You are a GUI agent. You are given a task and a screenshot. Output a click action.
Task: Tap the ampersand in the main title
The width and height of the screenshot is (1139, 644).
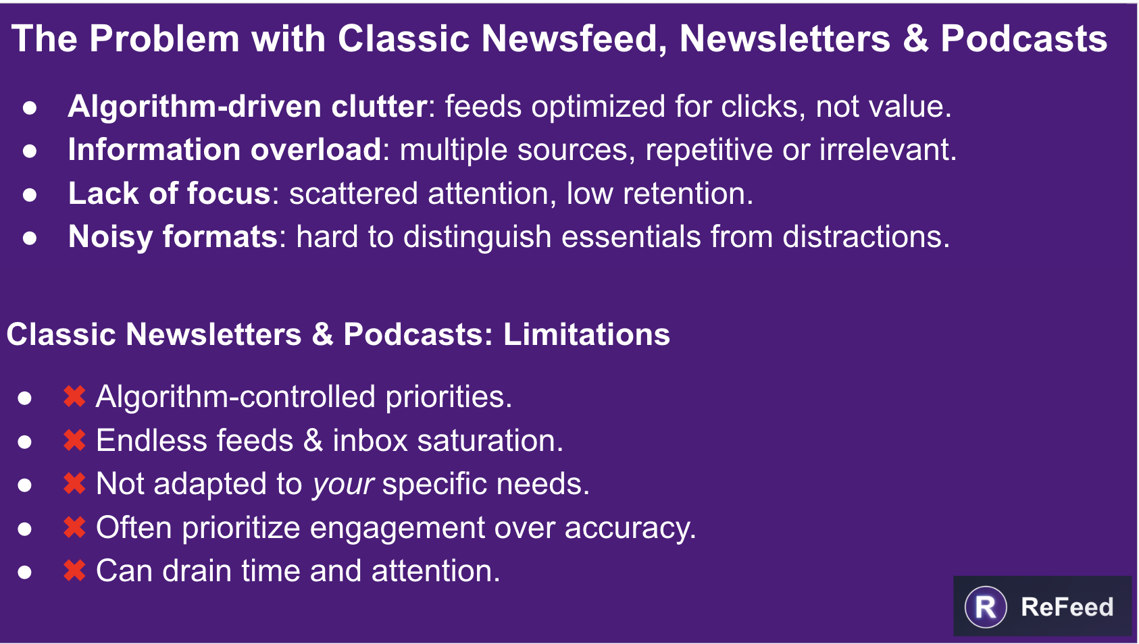point(915,39)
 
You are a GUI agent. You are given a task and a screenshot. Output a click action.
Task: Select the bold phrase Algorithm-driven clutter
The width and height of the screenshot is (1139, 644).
point(248,107)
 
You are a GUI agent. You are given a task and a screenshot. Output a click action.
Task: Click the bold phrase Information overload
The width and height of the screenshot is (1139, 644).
point(224,150)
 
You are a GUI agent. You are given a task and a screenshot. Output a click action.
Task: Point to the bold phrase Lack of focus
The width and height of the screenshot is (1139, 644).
point(170,194)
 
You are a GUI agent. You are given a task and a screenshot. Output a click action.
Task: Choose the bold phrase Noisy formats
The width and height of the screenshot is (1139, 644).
point(173,238)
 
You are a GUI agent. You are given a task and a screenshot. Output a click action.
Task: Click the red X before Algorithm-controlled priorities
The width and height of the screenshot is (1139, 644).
point(74,396)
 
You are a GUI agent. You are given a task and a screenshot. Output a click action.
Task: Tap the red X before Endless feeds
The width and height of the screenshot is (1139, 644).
point(74,440)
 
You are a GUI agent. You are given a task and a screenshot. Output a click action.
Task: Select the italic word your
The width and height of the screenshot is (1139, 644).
point(343,485)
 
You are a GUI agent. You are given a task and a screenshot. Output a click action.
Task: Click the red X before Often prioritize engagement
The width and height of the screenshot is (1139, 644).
point(74,527)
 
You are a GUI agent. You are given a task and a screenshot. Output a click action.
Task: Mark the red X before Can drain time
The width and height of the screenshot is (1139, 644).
point(74,571)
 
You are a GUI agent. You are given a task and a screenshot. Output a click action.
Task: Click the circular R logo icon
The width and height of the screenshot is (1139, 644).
point(986,607)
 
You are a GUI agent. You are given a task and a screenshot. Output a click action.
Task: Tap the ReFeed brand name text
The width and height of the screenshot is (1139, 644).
point(1067,607)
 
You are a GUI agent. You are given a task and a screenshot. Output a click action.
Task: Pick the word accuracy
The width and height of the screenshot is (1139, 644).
point(630,528)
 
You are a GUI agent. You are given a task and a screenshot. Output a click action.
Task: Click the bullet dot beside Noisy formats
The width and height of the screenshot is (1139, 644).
point(30,238)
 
